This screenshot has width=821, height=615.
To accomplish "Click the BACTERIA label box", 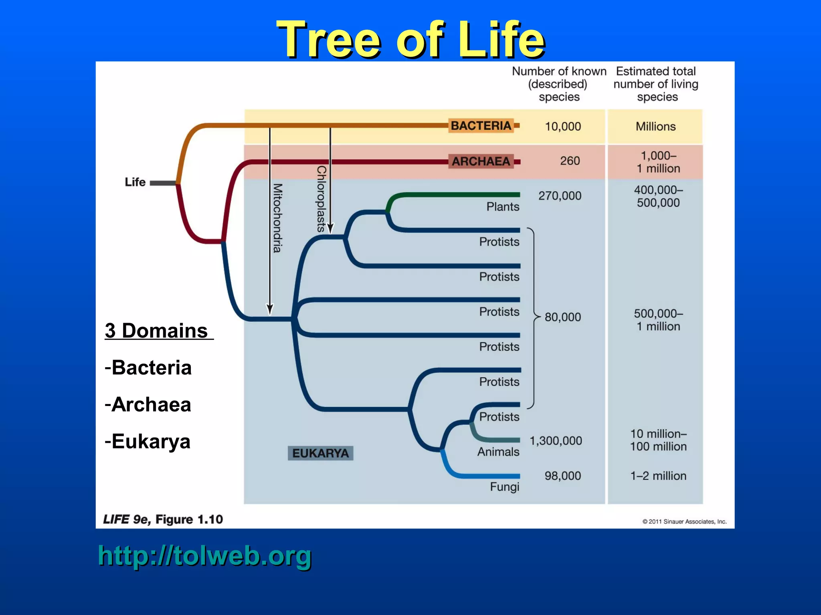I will [x=481, y=126].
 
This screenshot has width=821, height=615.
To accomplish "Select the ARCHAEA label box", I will [x=481, y=161].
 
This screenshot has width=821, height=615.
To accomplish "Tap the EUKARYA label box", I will [x=320, y=453].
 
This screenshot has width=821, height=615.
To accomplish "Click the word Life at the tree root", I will [x=135, y=182].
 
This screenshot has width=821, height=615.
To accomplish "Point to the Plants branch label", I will [x=503, y=207].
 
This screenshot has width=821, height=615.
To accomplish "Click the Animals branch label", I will [x=498, y=452].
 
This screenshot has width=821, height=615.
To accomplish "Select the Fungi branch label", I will [x=504, y=487].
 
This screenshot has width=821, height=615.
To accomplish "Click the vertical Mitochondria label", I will [x=277, y=218].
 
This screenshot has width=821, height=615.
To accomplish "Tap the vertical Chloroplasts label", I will [x=321, y=199].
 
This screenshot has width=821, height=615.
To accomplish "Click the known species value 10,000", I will [x=562, y=127].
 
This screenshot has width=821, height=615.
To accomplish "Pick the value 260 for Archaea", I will [x=570, y=161].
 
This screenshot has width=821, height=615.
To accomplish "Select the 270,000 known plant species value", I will [x=560, y=196].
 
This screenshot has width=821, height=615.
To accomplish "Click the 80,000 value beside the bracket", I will [x=562, y=317].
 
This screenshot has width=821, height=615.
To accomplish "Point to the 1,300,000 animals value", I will [x=556, y=441].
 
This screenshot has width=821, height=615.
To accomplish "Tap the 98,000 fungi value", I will [x=562, y=476].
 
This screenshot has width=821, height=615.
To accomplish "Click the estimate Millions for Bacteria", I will [x=655, y=127].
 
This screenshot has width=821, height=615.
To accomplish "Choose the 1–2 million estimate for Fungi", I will [x=658, y=476].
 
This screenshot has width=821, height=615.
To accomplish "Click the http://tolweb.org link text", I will [x=204, y=556].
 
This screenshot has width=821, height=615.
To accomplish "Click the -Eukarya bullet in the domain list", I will [x=148, y=441].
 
